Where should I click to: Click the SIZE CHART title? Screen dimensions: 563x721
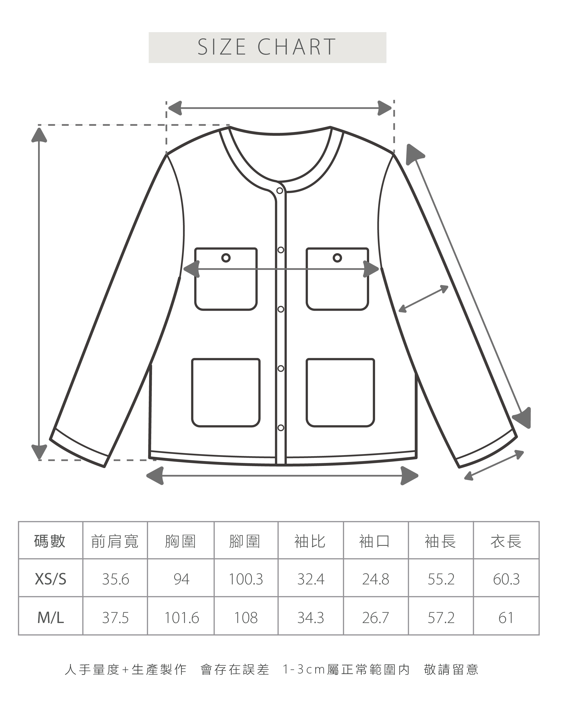point(267,47)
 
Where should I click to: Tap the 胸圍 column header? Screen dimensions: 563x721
point(180,542)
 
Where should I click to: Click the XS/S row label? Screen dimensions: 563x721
point(50,579)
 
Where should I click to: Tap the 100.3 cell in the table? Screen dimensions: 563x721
point(246,579)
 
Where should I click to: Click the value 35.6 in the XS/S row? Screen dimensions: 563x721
point(115,579)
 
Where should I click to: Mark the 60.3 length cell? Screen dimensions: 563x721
point(506,579)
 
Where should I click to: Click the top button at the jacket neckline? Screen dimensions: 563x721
point(280,191)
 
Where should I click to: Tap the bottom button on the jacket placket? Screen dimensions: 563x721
point(281,428)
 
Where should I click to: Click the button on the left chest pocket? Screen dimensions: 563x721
point(226,258)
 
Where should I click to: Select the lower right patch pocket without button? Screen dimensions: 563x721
point(340,392)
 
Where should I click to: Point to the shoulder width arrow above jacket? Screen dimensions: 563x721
point(280,108)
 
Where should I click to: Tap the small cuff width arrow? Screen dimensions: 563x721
point(494,465)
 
